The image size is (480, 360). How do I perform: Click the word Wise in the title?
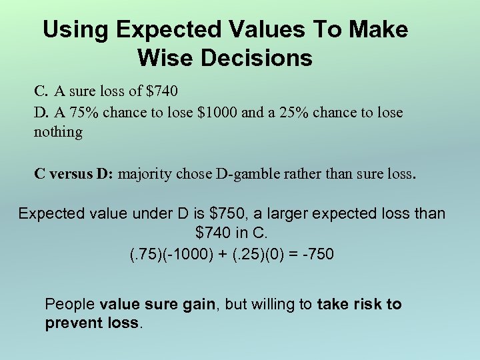click(x=166, y=58)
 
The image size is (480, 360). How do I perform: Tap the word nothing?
click(x=58, y=131)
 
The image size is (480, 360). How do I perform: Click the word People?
click(x=69, y=305)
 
